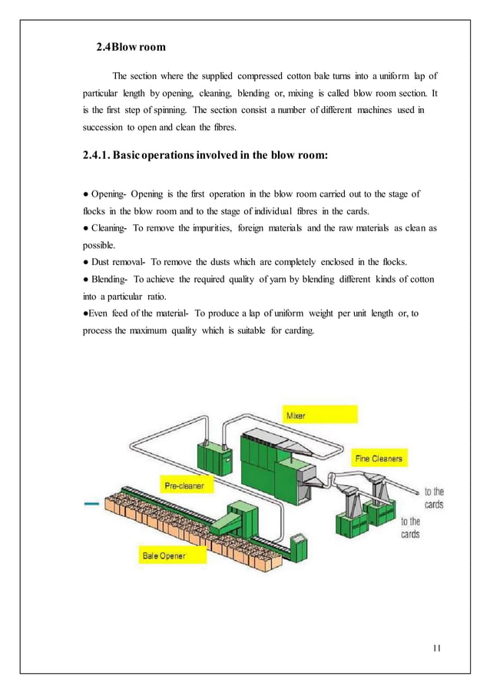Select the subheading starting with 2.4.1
coord(205,154)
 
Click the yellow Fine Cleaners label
coord(379,459)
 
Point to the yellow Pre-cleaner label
coord(185,486)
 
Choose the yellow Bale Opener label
coord(163,555)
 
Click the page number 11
coord(435,647)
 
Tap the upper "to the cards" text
coord(434,498)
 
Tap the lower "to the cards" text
coord(411,528)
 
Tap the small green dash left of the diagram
coord(91,504)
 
